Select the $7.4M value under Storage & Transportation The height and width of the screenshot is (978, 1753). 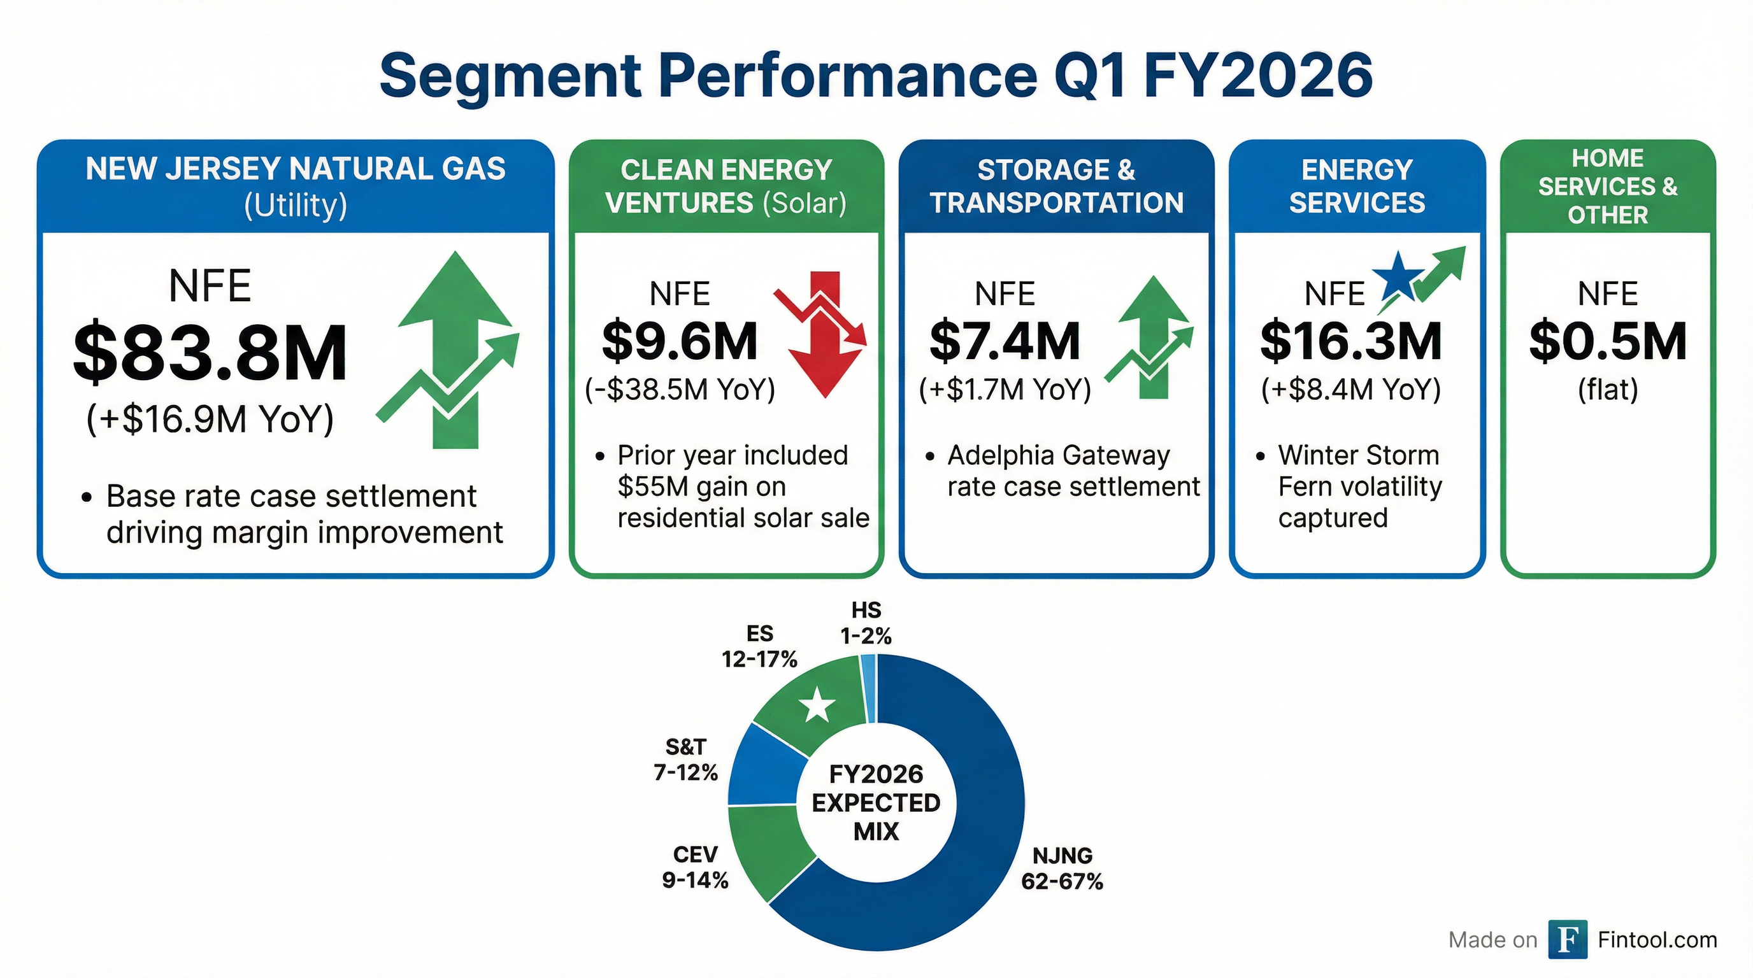tap(1005, 341)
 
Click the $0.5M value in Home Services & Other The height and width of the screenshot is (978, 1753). tap(1607, 341)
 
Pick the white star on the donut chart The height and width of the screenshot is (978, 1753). tap(817, 705)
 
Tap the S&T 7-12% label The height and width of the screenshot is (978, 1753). tap(686, 760)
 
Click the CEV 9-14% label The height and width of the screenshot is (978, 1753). tap(695, 867)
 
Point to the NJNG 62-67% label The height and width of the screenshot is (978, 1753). tap(1062, 868)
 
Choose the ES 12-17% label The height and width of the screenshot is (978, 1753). tap(759, 646)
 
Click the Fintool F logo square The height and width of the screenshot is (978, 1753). tap(1567, 939)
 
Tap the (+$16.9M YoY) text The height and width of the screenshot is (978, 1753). tap(210, 419)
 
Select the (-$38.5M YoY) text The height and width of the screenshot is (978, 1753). tap(680, 390)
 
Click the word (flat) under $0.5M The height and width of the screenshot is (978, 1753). tap(1607, 390)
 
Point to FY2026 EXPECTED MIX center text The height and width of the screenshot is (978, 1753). tap(876, 802)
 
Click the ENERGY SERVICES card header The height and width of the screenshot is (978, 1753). tap(1357, 187)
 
